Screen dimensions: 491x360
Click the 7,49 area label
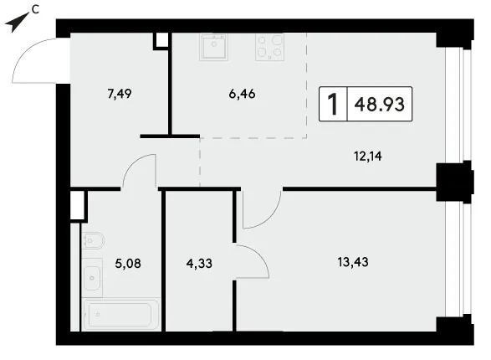point(120,94)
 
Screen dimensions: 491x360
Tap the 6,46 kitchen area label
point(242,94)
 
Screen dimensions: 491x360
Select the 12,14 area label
point(368,156)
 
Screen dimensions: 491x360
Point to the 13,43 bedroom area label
point(353,261)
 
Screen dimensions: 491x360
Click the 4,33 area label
point(199,264)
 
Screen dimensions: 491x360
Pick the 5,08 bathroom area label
point(128,264)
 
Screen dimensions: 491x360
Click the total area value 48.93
point(380,104)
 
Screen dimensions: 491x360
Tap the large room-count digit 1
point(333,104)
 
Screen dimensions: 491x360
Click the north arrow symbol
point(16,23)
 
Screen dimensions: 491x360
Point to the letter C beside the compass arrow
point(35,10)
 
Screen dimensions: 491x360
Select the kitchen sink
point(213,47)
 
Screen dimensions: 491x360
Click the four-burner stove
point(269,47)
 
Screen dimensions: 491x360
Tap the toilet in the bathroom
point(93,240)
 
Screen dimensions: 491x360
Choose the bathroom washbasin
point(92,278)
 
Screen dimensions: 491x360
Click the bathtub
point(121,314)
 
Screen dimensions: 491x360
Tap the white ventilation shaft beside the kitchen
point(162,40)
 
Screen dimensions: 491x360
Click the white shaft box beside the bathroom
point(77,205)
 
